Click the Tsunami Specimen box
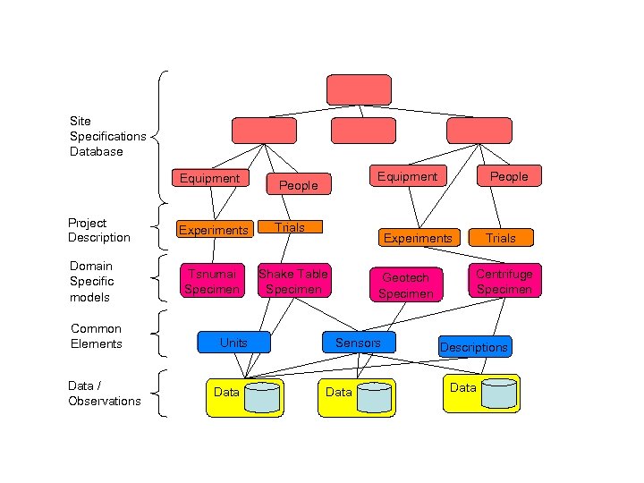pyautogui.click(x=210, y=281)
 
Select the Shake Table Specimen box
pyautogui.click(x=293, y=281)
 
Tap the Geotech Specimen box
pyautogui.click(x=406, y=285)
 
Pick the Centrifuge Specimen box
pyautogui.click(x=504, y=281)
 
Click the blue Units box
pyautogui.click(x=233, y=343)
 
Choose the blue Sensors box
pyautogui.click(x=358, y=343)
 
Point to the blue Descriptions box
pyautogui.click(x=474, y=347)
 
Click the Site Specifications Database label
pyautogui.click(x=107, y=136)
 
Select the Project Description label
pyautogui.click(x=98, y=230)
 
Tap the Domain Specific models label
pyautogui.click(x=91, y=281)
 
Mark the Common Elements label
pyautogui.click(x=96, y=336)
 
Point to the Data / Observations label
pyautogui.click(x=104, y=394)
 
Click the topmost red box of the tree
pyautogui.click(x=359, y=90)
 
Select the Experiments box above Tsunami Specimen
pyautogui.click(x=214, y=230)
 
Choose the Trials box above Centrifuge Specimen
pyautogui.click(x=501, y=238)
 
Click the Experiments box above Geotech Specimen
pyautogui.click(x=418, y=238)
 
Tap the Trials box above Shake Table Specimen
pyautogui.click(x=290, y=228)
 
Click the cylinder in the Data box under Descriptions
pyautogui.click(x=498, y=394)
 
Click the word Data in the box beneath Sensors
pyautogui.click(x=338, y=393)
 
